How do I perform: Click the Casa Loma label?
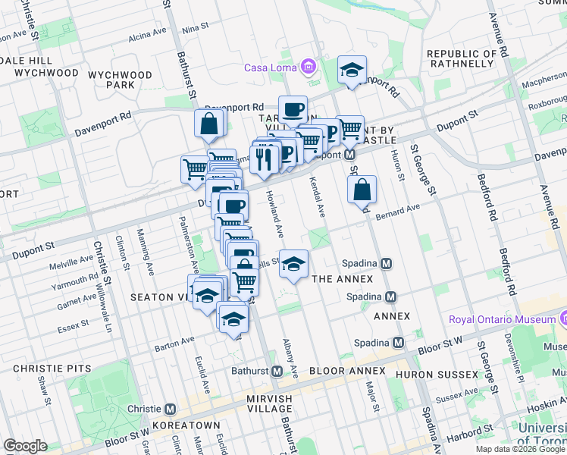point(271,67)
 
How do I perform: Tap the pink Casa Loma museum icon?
point(308,67)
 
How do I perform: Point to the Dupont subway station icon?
point(350,154)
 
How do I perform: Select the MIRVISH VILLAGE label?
point(274,399)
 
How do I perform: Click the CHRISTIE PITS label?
point(52,369)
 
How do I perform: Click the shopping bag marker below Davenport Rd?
point(208,124)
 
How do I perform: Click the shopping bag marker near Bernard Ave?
point(362,190)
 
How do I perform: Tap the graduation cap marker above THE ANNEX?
point(293,264)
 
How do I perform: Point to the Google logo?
point(25,446)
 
